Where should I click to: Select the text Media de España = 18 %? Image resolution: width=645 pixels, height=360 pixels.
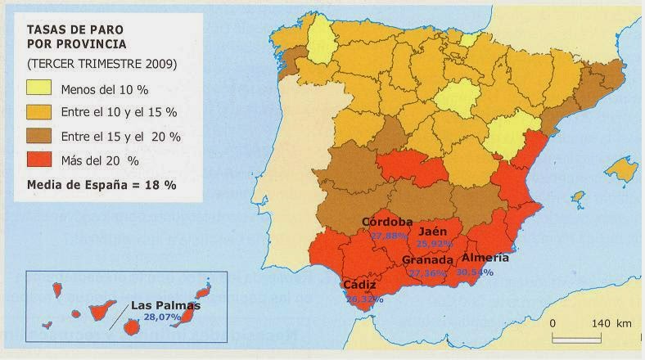101,185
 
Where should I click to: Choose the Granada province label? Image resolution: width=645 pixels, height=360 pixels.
428,259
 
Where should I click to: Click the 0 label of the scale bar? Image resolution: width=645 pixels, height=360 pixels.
553,323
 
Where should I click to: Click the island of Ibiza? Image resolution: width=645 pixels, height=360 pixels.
578,197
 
